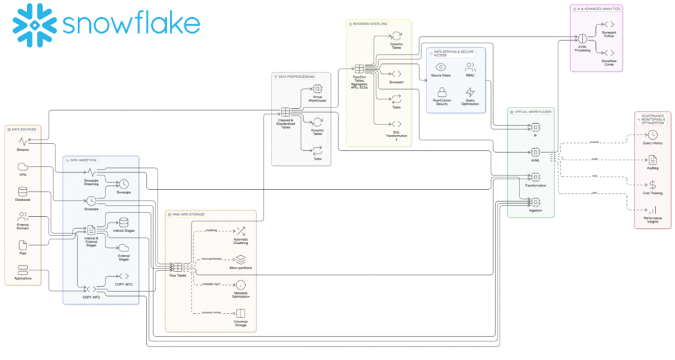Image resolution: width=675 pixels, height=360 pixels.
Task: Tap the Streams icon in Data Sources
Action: tap(23, 141)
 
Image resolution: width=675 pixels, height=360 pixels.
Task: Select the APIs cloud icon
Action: tap(23, 166)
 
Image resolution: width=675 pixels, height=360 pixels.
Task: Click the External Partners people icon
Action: tap(23, 216)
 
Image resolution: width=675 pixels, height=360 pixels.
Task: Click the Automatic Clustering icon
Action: tap(241, 231)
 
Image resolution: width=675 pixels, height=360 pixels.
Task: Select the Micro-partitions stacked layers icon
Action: tap(241, 259)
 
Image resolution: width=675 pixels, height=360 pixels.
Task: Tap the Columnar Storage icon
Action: tap(241, 314)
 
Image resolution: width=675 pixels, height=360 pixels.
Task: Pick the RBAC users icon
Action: tap(470, 67)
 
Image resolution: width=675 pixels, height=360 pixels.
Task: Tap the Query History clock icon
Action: tap(653, 135)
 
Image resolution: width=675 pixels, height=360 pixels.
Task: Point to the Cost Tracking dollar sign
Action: tap(653, 185)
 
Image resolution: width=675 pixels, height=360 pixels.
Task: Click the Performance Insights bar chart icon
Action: tap(653, 210)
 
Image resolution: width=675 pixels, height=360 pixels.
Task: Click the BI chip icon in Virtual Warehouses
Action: tap(535, 127)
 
